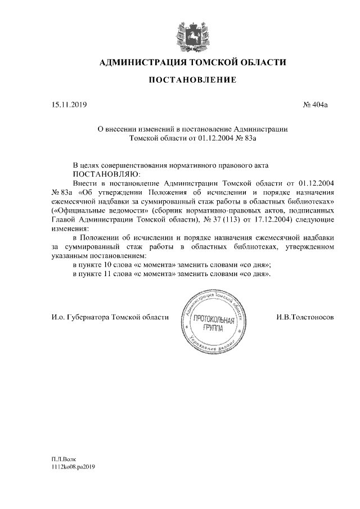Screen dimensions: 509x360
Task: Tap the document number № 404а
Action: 316,105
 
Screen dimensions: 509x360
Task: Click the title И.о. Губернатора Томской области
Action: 109,317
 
